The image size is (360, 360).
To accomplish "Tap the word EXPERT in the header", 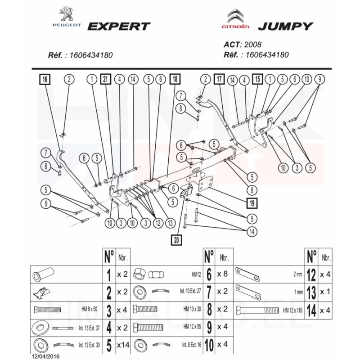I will tap(118, 26).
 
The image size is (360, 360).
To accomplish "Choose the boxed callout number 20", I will tap(176, 240).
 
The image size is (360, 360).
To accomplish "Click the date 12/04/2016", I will tap(45, 356).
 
